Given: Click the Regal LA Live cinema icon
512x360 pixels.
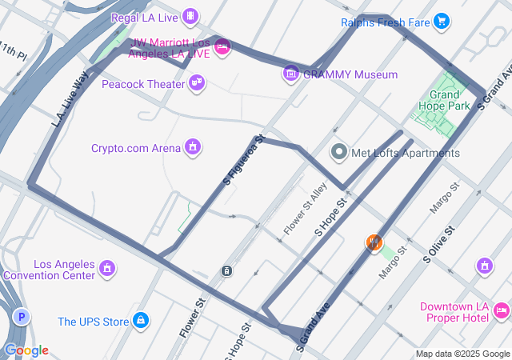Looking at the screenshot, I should click(190, 15).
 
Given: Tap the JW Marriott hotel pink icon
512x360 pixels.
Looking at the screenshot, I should click(223, 47).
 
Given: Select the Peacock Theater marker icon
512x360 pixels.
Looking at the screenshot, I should click(197, 82).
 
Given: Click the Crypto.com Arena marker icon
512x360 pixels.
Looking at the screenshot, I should click(192, 146).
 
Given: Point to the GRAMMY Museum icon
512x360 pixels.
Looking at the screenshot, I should click(290, 74).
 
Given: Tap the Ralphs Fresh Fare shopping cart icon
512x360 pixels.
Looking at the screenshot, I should click(441, 22).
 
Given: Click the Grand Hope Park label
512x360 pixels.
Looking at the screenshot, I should click(443, 99).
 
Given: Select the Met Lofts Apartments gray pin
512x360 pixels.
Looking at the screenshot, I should click(339, 152).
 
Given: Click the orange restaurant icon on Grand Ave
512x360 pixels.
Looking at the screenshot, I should click(374, 243).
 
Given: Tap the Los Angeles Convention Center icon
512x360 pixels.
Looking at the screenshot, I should click(107, 270).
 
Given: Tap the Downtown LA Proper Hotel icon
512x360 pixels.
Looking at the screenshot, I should click(501, 309).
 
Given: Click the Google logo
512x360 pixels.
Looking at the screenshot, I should click(26, 350).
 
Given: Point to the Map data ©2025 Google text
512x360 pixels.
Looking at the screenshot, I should click(462, 354).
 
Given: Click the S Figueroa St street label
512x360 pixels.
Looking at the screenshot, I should click(244, 160).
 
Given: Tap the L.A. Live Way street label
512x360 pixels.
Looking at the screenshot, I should click(70, 99).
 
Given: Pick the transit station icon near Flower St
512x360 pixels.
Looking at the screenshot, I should click(226, 270).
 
